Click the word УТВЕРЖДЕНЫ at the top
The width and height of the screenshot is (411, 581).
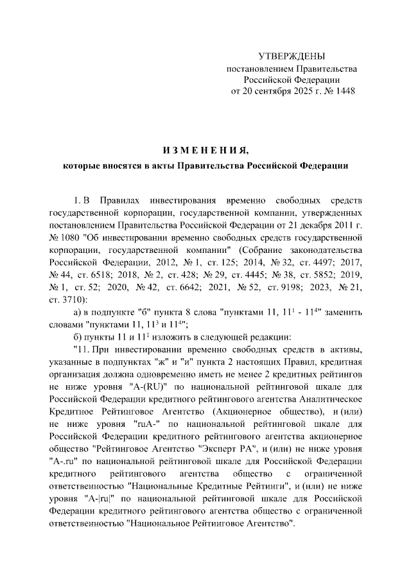tap(292, 56)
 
